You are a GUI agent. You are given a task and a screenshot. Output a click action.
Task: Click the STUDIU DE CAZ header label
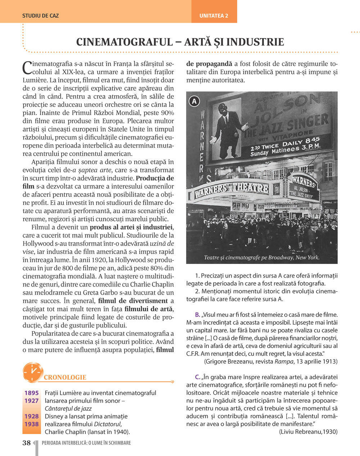pyautogui.click(x=40, y=16)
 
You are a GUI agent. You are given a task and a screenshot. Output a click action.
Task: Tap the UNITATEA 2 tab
pyautogui.click(x=214, y=16)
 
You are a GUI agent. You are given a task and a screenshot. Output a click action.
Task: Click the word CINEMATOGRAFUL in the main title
pyautogui.click(x=125, y=42)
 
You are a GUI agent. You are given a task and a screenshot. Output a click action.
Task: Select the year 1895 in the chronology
pyautogui.click(x=32, y=393)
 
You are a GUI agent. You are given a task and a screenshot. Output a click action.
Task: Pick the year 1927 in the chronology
pyautogui.click(x=32, y=401)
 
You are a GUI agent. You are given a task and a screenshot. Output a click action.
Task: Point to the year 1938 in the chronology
pyautogui.click(x=32, y=424)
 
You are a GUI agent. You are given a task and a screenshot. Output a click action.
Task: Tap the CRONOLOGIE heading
pyautogui.click(x=65, y=377)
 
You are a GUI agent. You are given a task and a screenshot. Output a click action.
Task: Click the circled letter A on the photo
pyautogui.click(x=194, y=101)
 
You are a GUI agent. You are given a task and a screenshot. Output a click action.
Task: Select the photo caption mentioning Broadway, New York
pyautogui.click(x=262, y=257)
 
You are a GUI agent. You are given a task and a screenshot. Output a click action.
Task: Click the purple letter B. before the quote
pyautogui.click(x=198, y=315)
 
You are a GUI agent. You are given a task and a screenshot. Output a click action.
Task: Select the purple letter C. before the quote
pyautogui.click(x=198, y=377)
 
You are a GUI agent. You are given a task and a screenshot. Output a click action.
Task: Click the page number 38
pyautogui.click(x=27, y=443)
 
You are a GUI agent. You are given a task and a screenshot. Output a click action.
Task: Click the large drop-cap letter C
pyautogui.click(x=27, y=67)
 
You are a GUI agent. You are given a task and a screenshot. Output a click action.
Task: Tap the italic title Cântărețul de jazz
pyautogui.click(x=68, y=409)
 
